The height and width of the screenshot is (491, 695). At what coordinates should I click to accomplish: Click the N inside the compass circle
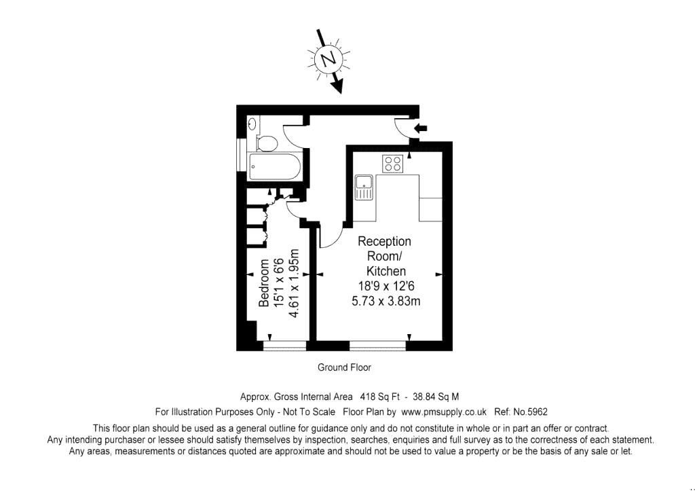328,60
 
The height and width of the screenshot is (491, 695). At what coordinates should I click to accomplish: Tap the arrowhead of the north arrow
339,88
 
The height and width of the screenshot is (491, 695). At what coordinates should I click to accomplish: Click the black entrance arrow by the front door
421,127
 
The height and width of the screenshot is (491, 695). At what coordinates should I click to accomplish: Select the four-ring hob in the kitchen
393,163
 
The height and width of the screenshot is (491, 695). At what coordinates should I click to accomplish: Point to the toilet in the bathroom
267,143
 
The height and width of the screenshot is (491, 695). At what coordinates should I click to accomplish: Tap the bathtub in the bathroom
274,166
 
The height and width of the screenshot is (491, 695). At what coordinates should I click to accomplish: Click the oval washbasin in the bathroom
252,124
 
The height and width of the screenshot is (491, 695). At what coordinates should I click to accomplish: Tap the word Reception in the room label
384,242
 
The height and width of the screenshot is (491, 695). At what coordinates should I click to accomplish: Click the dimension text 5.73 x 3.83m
385,301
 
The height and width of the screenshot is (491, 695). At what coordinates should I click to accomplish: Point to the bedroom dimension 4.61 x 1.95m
294,283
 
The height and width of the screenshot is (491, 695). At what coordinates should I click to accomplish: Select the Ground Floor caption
344,367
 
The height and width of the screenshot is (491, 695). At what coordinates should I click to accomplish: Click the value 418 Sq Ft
378,397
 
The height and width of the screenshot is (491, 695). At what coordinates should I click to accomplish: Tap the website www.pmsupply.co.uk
444,412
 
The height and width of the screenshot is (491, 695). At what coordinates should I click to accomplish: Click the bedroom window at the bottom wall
284,346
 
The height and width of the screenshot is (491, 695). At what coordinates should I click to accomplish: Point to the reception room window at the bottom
378,346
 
